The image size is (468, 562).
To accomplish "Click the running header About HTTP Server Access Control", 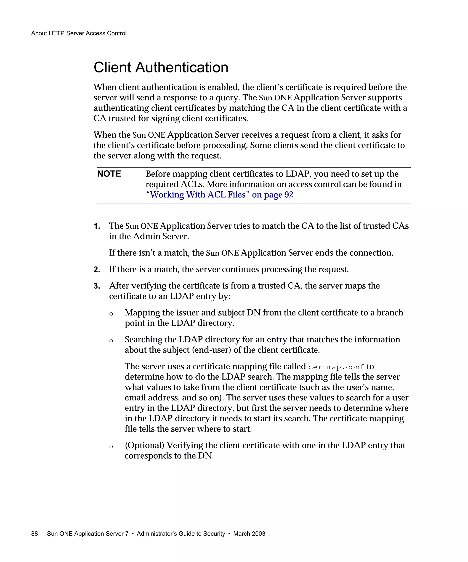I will click(x=79, y=33).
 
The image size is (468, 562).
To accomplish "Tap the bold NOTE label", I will click(x=109, y=174).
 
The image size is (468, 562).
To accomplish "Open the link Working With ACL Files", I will click(x=198, y=195).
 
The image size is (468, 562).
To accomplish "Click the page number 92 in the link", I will click(x=289, y=195).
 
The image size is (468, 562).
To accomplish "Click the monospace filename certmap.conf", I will click(x=336, y=367).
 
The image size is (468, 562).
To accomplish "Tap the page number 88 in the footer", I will click(x=35, y=534).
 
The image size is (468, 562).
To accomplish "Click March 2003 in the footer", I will click(x=249, y=534).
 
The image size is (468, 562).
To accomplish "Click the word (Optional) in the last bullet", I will click(x=144, y=445).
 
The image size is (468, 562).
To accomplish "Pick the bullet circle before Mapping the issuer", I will click(x=111, y=314).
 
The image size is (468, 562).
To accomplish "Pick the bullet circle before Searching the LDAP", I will click(x=111, y=341).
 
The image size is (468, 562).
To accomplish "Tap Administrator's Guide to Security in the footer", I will click(x=181, y=534).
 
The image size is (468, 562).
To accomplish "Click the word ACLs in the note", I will click(x=192, y=184).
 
